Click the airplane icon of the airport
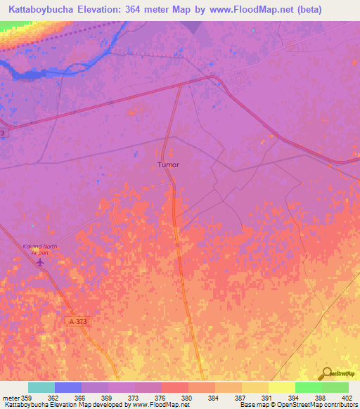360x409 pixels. tap(39, 261)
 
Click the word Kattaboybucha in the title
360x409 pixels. tap(44, 9)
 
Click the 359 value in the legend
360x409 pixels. tap(28, 398)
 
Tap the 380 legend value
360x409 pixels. tap(187, 398)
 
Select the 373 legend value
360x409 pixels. tap(134, 398)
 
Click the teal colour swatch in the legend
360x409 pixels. tap(41, 387)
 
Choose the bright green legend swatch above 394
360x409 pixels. tap(308, 387)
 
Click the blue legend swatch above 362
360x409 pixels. tap(68, 387)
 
